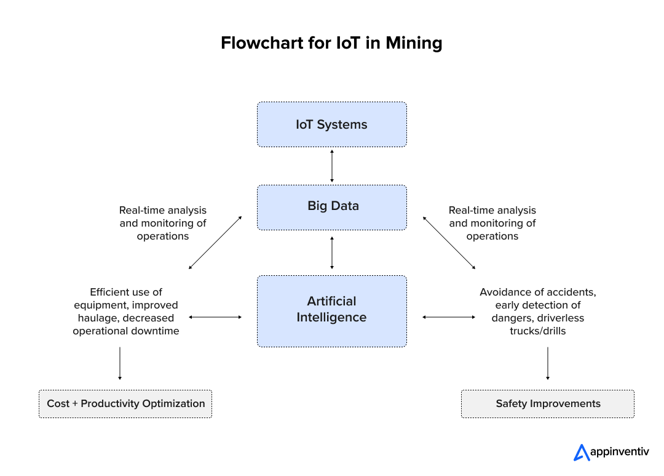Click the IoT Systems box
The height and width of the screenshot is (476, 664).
coord(331,124)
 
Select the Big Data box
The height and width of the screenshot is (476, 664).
coord(331,207)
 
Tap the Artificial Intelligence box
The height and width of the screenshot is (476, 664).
coord(331,310)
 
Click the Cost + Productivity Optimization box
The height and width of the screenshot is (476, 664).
coord(125,404)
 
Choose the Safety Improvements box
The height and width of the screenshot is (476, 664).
coord(547,404)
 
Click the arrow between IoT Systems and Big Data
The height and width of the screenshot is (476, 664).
coord(332,166)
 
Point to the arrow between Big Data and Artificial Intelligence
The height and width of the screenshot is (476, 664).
coord(332,252)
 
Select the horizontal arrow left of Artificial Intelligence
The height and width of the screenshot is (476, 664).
coord(215,317)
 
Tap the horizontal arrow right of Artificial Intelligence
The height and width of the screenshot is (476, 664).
coord(449,317)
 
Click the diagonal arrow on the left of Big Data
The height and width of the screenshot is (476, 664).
coord(215,243)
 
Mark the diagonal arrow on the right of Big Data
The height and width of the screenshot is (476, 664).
coord(449,243)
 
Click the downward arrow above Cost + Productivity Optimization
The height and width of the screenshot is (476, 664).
coord(120,363)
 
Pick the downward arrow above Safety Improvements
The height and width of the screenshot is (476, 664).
coord(547,363)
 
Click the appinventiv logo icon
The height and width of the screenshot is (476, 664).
coord(581,453)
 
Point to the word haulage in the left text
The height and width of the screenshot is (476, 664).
coord(99,318)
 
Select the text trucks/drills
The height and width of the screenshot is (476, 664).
coord(538,331)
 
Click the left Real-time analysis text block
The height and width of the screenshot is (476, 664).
coord(163,223)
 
